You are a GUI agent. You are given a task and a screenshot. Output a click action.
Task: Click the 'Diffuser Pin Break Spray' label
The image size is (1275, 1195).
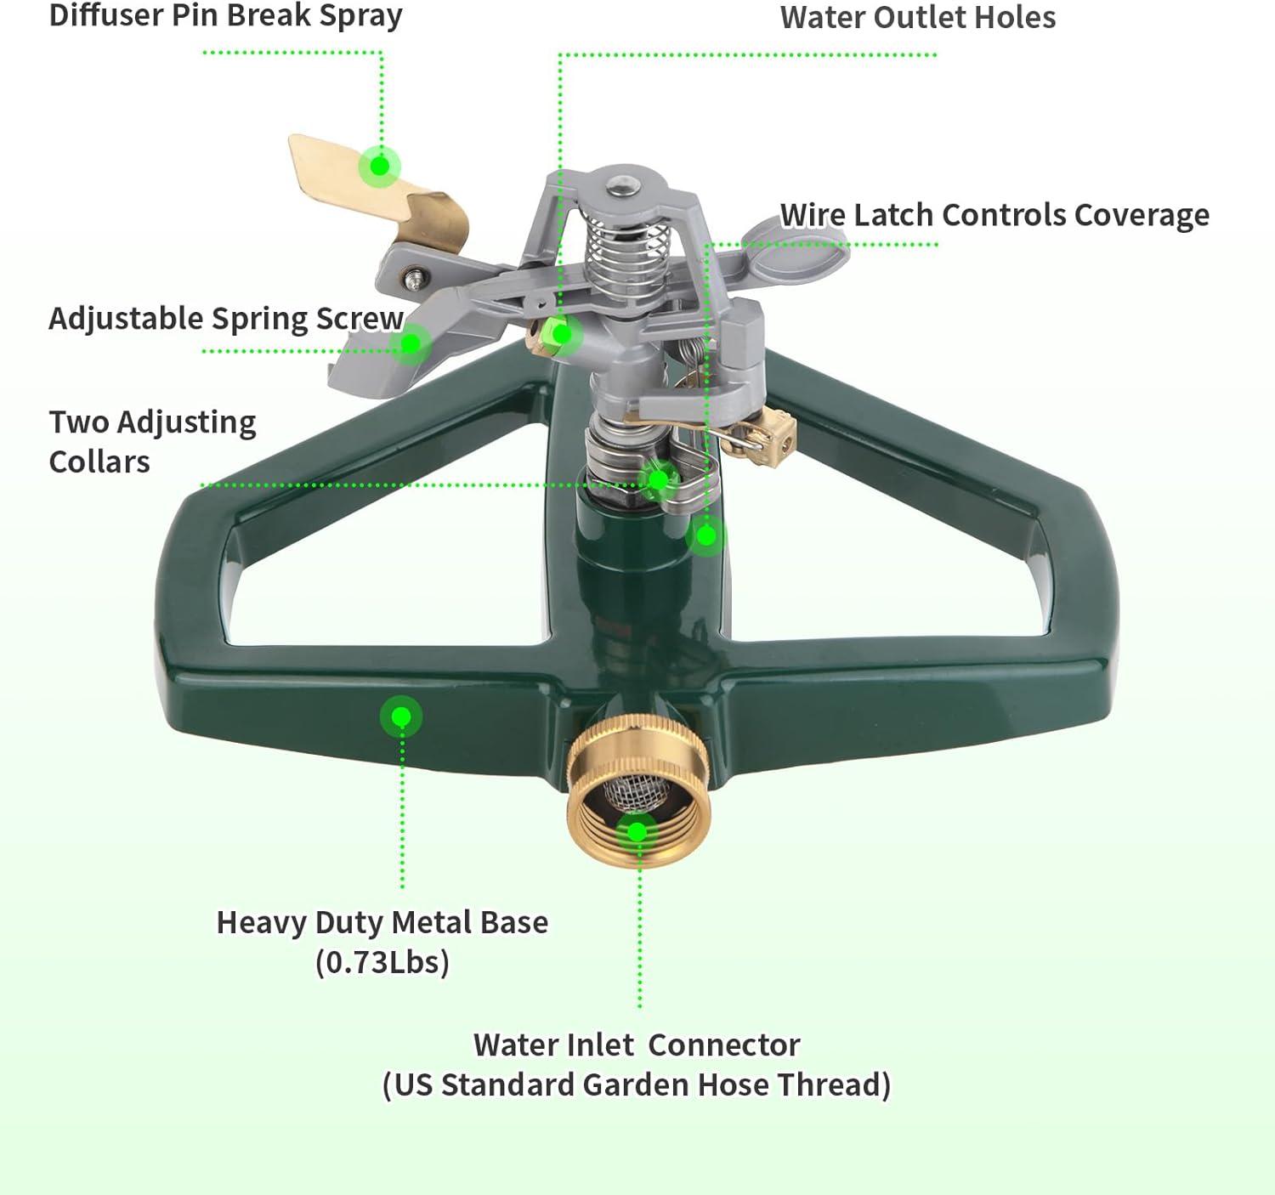(x=225, y=16)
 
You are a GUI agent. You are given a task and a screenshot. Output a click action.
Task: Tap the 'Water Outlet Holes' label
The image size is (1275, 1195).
(x=917, y=18)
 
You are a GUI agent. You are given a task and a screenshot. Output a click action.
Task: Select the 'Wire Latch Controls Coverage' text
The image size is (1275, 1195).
(x=994, y=215)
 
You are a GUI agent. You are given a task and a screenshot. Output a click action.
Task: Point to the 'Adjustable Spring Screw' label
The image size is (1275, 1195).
(x=225, y=319)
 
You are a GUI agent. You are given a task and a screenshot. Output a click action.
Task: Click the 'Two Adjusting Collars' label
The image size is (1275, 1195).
(x=152, y=442)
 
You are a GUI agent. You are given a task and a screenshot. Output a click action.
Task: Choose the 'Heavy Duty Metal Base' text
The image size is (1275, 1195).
(x=382, y=922)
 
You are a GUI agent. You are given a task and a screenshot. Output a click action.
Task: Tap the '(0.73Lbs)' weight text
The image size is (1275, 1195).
(x=382, y=962)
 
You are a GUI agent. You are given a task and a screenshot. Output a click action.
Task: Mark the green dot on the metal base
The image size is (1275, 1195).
(x=401, y=717)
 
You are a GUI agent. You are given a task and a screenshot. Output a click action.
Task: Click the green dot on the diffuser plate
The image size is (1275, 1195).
(x=379, y=166)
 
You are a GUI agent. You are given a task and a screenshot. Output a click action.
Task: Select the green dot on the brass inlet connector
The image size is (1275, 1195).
(x=637, y=831)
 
